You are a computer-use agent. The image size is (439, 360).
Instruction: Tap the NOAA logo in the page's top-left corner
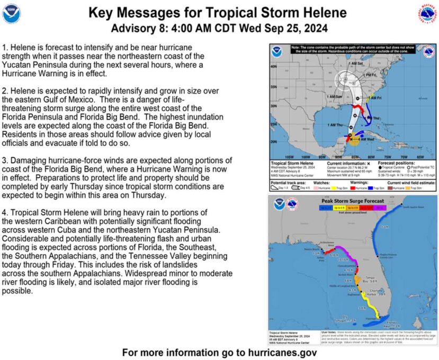coord(11,13)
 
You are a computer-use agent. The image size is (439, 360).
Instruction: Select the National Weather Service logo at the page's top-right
coord(427,12)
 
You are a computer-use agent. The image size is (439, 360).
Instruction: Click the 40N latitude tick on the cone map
coord(273,67)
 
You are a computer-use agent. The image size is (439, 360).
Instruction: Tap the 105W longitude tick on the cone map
coord(289,157)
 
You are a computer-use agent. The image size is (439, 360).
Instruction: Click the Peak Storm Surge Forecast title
coord(351,202)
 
